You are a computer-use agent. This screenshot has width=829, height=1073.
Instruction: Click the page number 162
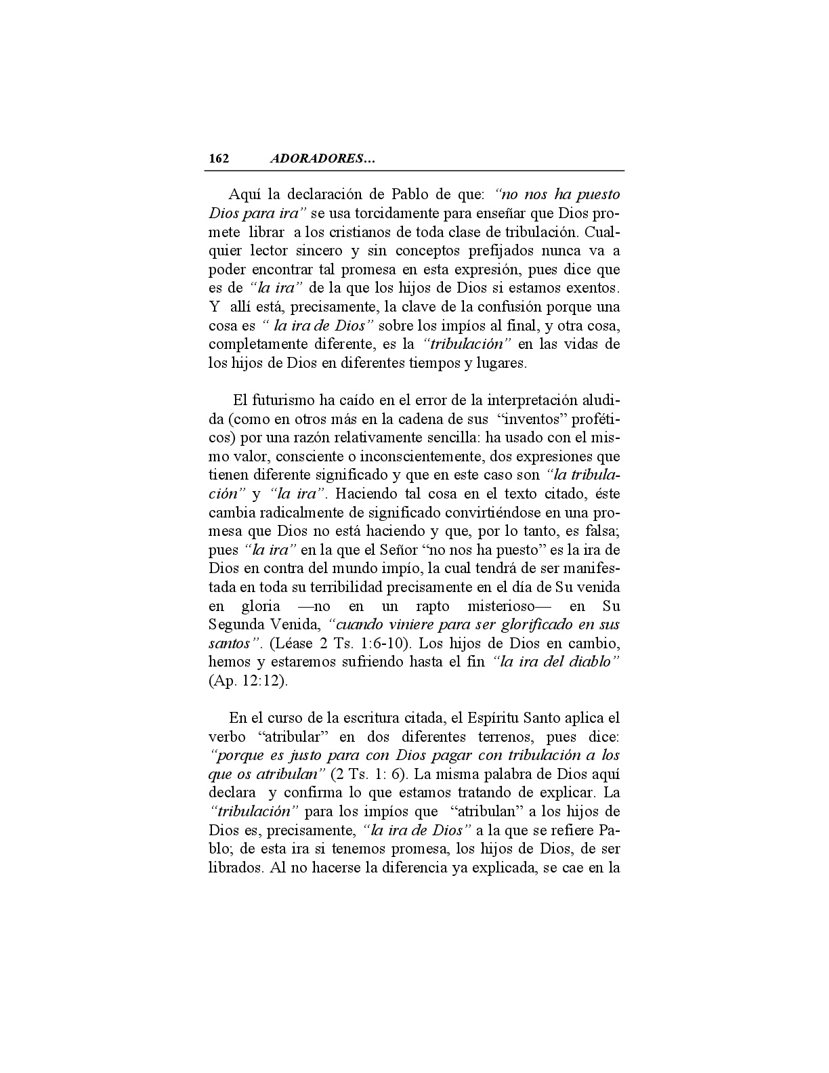pos(219,159)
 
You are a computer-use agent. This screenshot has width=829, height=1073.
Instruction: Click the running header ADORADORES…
pos(322,159)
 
